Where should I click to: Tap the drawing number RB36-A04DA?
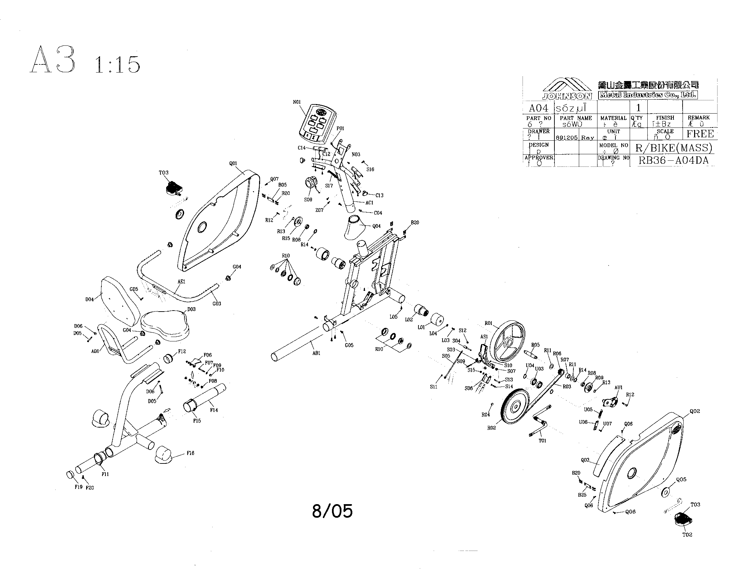(673, 160)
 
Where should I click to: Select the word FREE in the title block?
(700, 134)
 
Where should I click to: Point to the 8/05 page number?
(332, 511)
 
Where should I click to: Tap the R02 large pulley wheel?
(515, 406)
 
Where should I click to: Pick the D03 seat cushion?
(165, 323)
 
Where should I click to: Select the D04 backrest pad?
(120, 301)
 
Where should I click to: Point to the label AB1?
(316, 353)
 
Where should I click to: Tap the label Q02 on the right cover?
(695, 411)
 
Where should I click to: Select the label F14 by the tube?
(214, 410)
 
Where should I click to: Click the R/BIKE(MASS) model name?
(673, 148)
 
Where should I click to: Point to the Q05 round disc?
(665, 492)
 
